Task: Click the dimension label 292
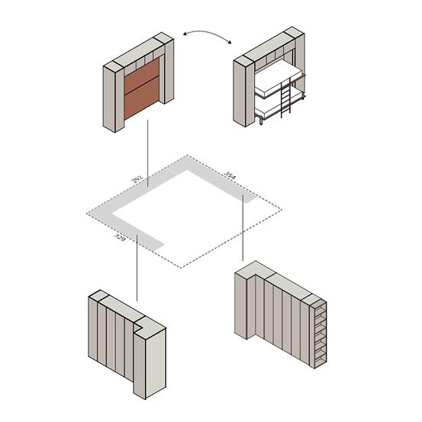[137, 179]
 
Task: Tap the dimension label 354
[230, 176]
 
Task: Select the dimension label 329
[120, 237]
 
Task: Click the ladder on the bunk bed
[285, 98]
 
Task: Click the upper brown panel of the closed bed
[142, 76]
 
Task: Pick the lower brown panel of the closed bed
[142, 98]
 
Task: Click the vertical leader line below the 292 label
[147, 153]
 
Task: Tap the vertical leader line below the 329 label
[137, 268]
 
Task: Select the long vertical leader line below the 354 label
[243, 227]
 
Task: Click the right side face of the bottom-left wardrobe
[156, 363]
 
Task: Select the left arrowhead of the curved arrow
[185, 34]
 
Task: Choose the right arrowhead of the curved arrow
[229, 41]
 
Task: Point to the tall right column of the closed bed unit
[167, 70]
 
